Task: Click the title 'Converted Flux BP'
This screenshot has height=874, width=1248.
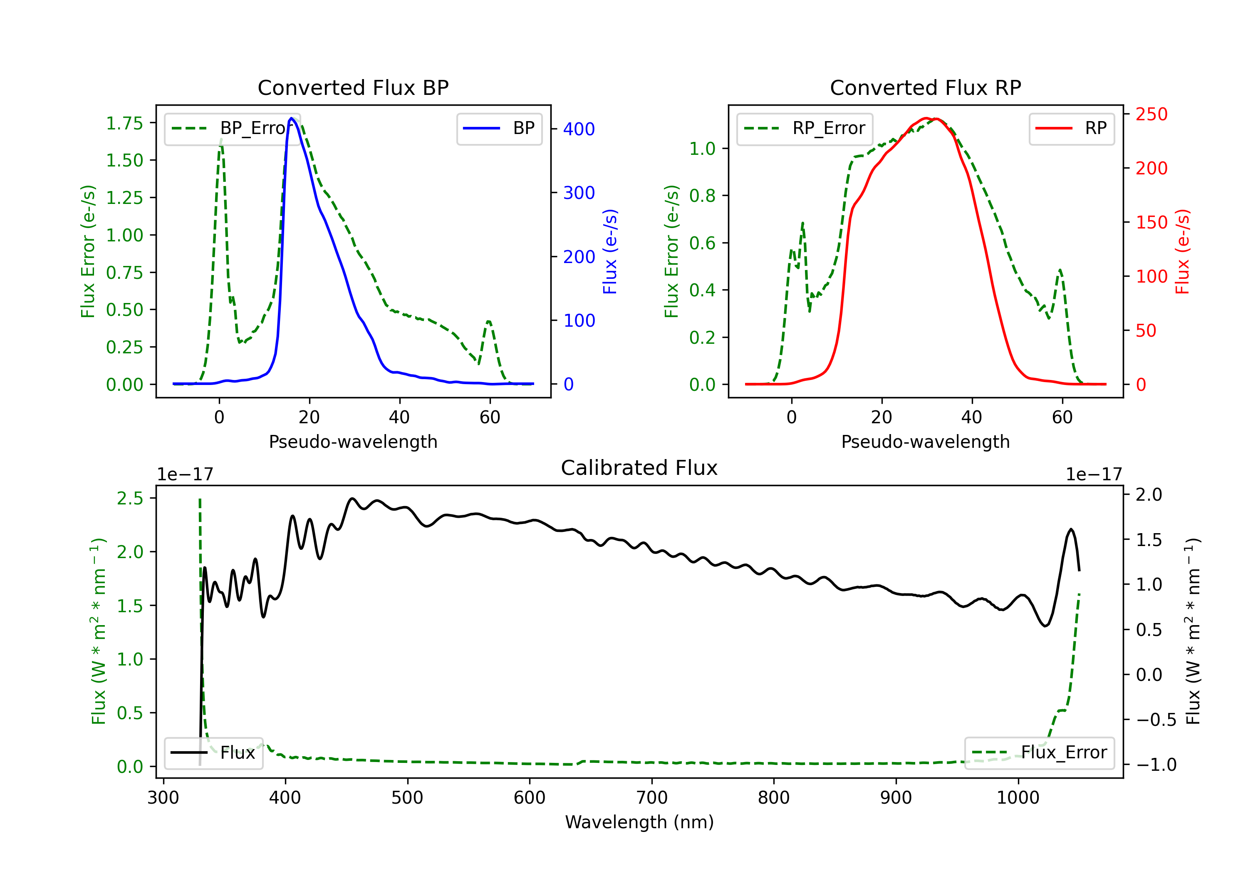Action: (x=353, y=87)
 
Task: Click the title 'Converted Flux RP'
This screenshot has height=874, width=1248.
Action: (x=926, y=87)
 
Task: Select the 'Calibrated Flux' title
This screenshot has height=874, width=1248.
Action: (x=639, y=468)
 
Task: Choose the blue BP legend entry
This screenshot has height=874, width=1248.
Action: (x=499, y=128)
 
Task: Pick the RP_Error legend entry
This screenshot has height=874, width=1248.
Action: (x=805, y=128)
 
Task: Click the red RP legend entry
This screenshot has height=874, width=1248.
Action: (x=1071, y=128)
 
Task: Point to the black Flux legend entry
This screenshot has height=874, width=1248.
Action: (x=213, y=753)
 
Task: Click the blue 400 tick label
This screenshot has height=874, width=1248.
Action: (x=579, y=129)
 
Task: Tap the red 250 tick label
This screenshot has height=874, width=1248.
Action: (x=1151, y=114)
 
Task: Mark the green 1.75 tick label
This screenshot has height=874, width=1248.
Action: (x=124, y=124)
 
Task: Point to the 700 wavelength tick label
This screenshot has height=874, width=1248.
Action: (x=652, y=798)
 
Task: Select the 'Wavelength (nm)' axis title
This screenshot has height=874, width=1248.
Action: (x=639, y=822)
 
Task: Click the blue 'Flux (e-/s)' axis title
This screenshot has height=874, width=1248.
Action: (x=610, y=251)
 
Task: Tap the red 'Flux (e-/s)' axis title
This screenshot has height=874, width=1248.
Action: (x=1182, y=251)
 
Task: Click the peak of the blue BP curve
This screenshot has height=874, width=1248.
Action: (x=291, y=118)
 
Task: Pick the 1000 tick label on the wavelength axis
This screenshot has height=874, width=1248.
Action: (x=1018, y=798)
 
